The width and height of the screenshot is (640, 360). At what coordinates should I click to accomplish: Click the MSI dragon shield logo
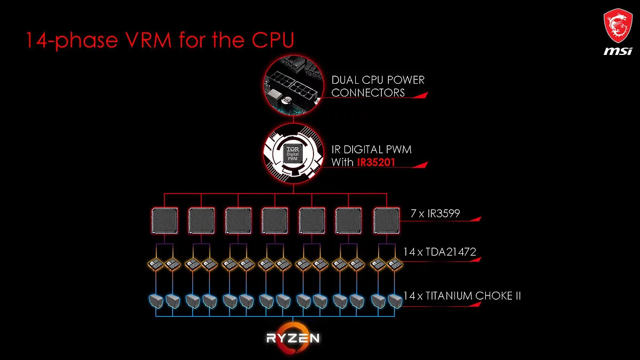pyautogui.click(x=618, y=27)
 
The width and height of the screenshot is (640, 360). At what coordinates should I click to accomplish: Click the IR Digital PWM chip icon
pyautogui.click(x=291, y=152)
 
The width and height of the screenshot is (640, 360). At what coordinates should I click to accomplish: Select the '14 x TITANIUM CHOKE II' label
pyautogui.click(x=462, y=295)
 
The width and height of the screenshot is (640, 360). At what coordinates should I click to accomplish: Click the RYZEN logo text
pyautogui.click(x=293, y=338)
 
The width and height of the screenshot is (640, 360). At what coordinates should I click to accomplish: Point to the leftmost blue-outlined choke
pyautogui.click(x=156, y=301)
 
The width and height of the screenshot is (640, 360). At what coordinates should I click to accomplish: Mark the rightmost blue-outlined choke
pyautogui.click(x=395, y=301)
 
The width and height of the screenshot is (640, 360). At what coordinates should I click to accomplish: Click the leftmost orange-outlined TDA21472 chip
pyautogui.click(x=156, y=263)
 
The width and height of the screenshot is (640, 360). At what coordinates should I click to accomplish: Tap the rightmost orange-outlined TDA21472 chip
pyautogui.click(x=395, y=263)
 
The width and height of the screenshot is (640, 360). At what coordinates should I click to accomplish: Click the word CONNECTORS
pyautogui.click(x=368, y=93)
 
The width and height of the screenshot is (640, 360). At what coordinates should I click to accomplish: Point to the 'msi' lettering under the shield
pyautogui.click(x=618, y=51)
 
